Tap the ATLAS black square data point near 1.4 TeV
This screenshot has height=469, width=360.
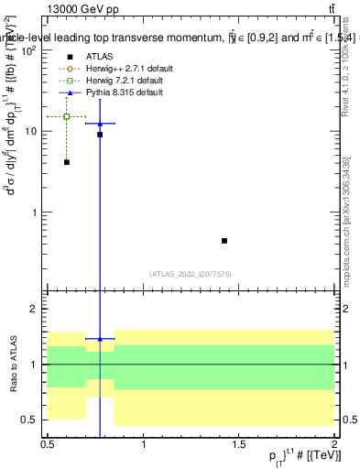(224, 241)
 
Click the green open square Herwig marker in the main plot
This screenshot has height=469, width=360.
(67, 116)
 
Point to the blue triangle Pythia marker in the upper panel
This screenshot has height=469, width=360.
(100, 123)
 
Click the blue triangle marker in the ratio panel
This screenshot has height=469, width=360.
(100, 339)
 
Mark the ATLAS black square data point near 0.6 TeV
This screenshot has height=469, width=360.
(67, 162)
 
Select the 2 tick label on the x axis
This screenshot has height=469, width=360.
(335, 444)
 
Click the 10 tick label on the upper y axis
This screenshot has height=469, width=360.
(30, 131)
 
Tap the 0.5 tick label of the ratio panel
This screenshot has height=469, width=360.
(30, 420)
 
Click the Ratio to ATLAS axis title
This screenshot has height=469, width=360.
(12, 365)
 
